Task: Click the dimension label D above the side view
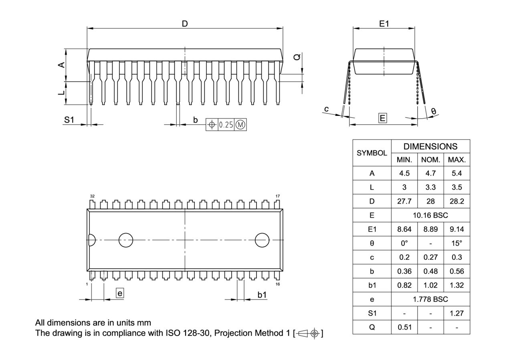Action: (185, 24)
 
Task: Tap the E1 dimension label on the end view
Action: (384, 24)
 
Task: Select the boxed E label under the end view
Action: (383, 118)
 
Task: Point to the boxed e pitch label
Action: (119, 293)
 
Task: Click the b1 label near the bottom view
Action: (262, 295)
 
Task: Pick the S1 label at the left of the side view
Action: (69, 120)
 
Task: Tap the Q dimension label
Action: (297, 57)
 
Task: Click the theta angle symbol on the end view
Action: (434, 111)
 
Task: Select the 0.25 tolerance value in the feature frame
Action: (226, 125)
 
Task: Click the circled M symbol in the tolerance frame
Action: (240, 125)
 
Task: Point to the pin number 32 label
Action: (92, 196)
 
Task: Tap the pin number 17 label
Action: (277, 196)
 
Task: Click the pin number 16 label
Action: (278, 284)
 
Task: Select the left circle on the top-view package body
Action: (126, 240)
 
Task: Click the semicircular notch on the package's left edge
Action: (91, 240)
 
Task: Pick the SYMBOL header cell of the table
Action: (372, 153)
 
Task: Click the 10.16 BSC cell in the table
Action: (430, 215)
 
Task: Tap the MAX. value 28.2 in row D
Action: (456, 201)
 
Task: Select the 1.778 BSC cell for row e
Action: (430, 299)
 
